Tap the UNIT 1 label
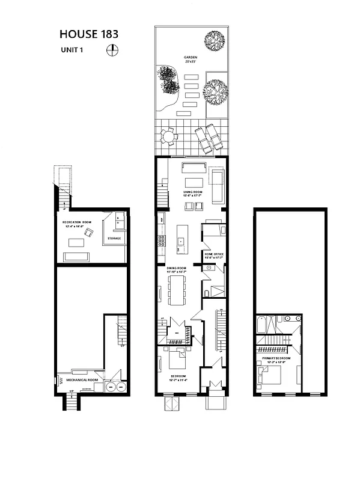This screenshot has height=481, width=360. click(72, 51)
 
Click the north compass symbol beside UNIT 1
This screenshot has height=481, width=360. click(111, 51)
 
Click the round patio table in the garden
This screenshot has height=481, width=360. click(170, 138)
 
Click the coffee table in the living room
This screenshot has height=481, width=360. click(194, 182)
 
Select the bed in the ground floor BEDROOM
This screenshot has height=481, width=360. click(180, 360)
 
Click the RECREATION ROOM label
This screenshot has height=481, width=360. click(76, 223)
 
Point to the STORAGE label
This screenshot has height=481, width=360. click(114, 239)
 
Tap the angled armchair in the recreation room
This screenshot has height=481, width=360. click(89, 233)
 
